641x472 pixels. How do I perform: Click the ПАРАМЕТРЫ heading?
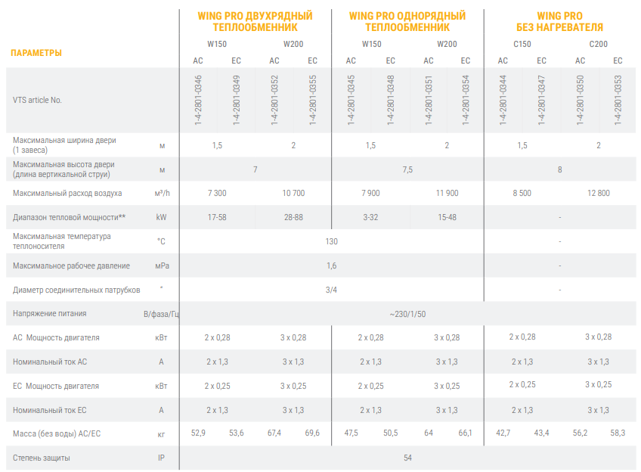(36, 53)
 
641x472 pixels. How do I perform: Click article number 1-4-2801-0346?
(198, 99)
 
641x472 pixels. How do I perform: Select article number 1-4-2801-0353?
(618, 99)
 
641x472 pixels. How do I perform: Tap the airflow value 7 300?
(217, 193)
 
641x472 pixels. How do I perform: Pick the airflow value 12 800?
(598, 193)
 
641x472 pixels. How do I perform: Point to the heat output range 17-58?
(217, 217)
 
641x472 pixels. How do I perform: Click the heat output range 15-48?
(447, 217)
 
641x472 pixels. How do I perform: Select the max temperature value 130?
(331, 241)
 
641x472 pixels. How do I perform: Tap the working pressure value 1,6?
(331, 265)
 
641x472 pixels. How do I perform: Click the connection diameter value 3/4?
(331, 290)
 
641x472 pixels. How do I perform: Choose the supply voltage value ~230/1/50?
(407, 313)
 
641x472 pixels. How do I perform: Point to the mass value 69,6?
(312, 433)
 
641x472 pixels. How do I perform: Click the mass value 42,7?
(503, 433)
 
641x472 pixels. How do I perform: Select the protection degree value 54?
(407, 457)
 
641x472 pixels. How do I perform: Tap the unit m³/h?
(162, 193)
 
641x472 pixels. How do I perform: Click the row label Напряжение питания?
(50, 313)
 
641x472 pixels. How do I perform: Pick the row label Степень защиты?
(42, 458)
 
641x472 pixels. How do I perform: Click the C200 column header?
(598, 44)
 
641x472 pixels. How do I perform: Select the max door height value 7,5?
(407, 169)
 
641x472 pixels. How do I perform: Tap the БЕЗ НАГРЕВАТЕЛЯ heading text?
(559, 27)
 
